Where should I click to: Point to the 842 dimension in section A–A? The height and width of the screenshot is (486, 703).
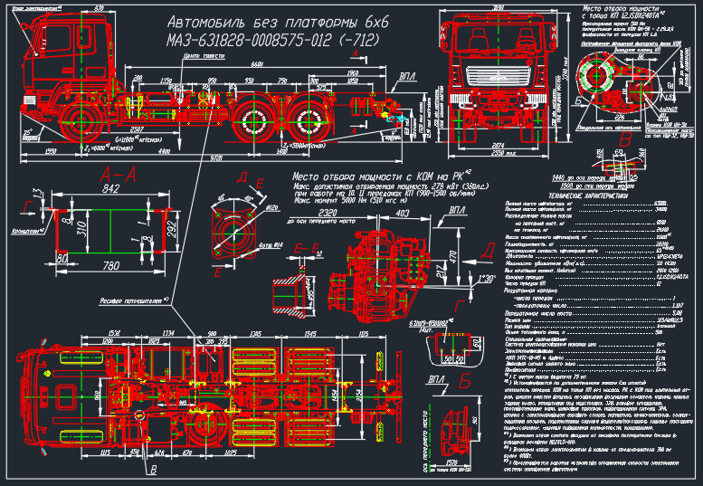click(x=112, y=188)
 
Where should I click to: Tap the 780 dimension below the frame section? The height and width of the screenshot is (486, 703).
click(x=110, y=265)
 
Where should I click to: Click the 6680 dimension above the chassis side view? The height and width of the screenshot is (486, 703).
click(x=258, y=64)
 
